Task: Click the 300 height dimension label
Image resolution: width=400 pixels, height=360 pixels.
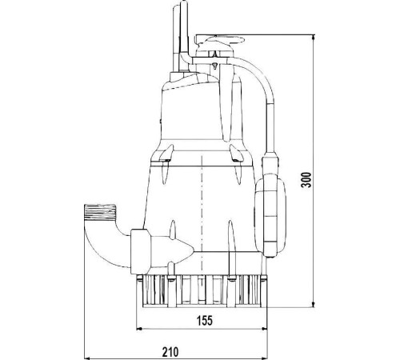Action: (x=307, y=180)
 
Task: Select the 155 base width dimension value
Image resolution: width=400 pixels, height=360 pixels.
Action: (x=205, y=320)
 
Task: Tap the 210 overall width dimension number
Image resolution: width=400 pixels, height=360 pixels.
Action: (x=170, y=352)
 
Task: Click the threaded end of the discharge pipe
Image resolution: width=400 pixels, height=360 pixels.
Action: (x=100, y=212)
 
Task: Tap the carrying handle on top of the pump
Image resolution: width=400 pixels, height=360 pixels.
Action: (x=220, y=40)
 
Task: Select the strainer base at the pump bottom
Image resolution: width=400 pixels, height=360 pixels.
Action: (x=202, y=291)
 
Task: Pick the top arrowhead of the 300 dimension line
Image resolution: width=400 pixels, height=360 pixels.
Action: (x=314, y=37)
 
